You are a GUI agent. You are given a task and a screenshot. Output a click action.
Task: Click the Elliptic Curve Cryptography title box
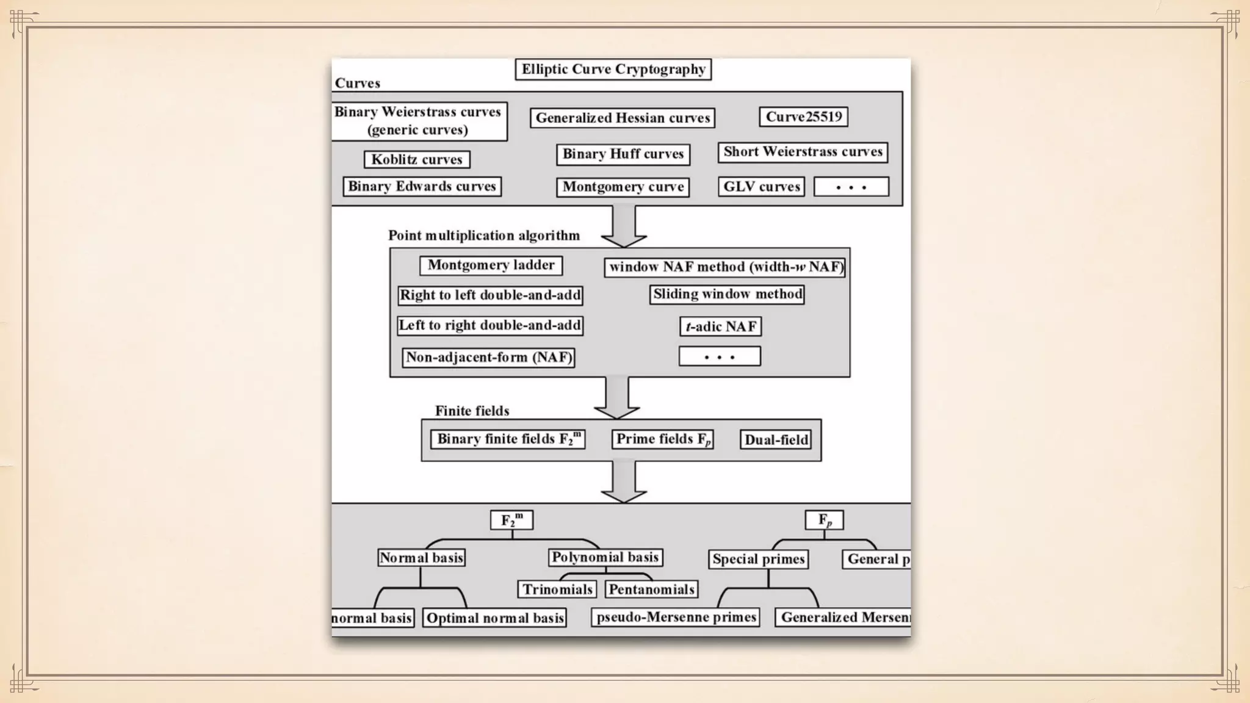613,69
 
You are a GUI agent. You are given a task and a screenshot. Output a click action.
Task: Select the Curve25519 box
803,117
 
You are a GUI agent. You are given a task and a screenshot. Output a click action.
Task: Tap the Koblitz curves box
417,159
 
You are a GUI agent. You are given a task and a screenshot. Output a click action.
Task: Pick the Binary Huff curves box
623,154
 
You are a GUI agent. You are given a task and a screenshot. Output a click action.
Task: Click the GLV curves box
761,186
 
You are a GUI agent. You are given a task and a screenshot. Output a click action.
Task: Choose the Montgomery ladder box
491,265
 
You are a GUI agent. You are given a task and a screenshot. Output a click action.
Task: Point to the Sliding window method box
727,294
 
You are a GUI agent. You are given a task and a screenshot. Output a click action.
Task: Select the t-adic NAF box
720,326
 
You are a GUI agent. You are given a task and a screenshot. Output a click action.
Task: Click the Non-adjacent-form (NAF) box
489,357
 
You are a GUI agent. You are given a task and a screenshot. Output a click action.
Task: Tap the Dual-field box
776,439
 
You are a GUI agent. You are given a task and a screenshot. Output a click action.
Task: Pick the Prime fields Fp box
663,439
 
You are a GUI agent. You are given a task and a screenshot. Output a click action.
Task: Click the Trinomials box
557,589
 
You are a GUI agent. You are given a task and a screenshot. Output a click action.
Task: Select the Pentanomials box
651,589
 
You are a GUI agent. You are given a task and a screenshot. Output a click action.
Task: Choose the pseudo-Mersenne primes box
676,617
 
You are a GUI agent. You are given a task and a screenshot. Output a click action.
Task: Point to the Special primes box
759,559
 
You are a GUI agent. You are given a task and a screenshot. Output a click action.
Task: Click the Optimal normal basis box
494,618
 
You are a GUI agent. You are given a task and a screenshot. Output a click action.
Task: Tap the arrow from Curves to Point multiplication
623,226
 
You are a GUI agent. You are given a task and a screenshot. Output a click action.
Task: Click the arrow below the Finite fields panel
623,481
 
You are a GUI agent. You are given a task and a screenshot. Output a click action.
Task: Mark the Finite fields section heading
472,411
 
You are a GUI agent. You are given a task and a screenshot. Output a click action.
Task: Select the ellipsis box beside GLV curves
851,187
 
